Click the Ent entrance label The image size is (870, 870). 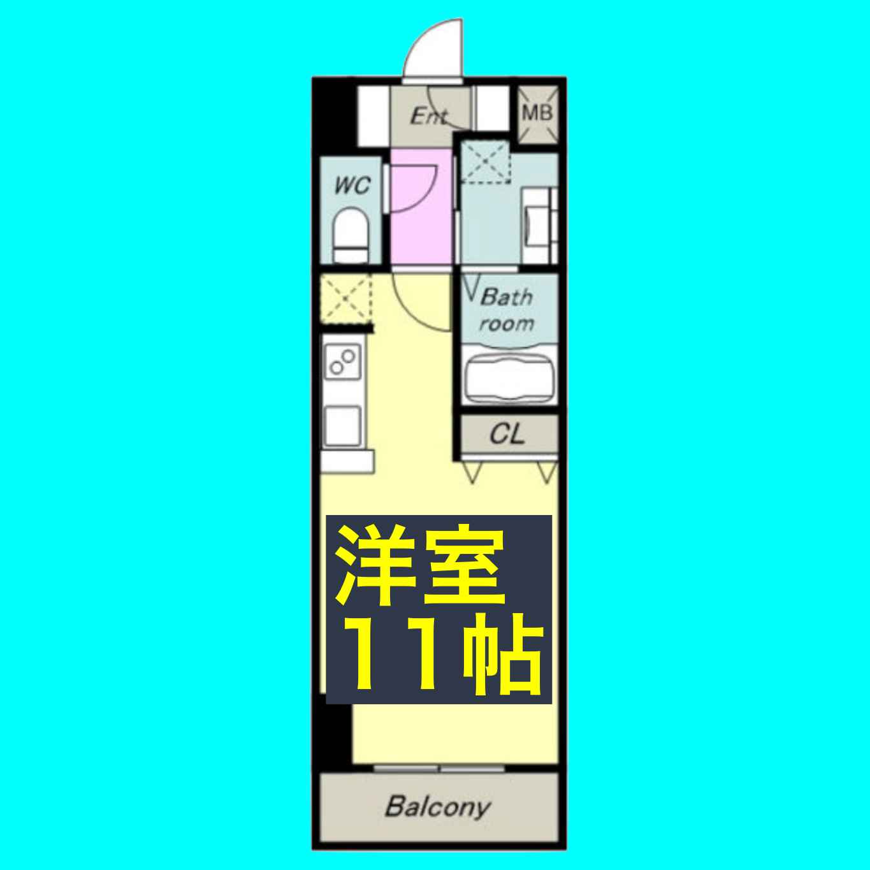[x=428, y=117]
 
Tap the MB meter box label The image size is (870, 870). [x=537, y=113]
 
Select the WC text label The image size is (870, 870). [x=352, y=185]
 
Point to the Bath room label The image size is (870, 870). [x=506, y=310]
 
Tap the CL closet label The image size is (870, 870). [x=507, y=435]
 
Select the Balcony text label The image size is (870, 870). [x=438, y=808]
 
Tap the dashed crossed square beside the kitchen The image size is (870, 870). [x=345, y=298]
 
